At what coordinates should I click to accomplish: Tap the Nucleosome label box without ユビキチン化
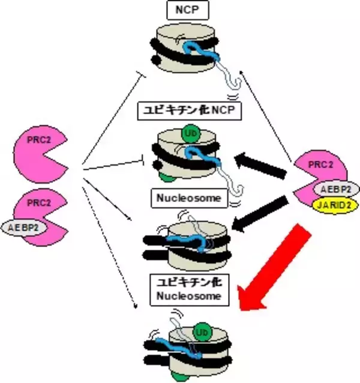click(x=186, y=197)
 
